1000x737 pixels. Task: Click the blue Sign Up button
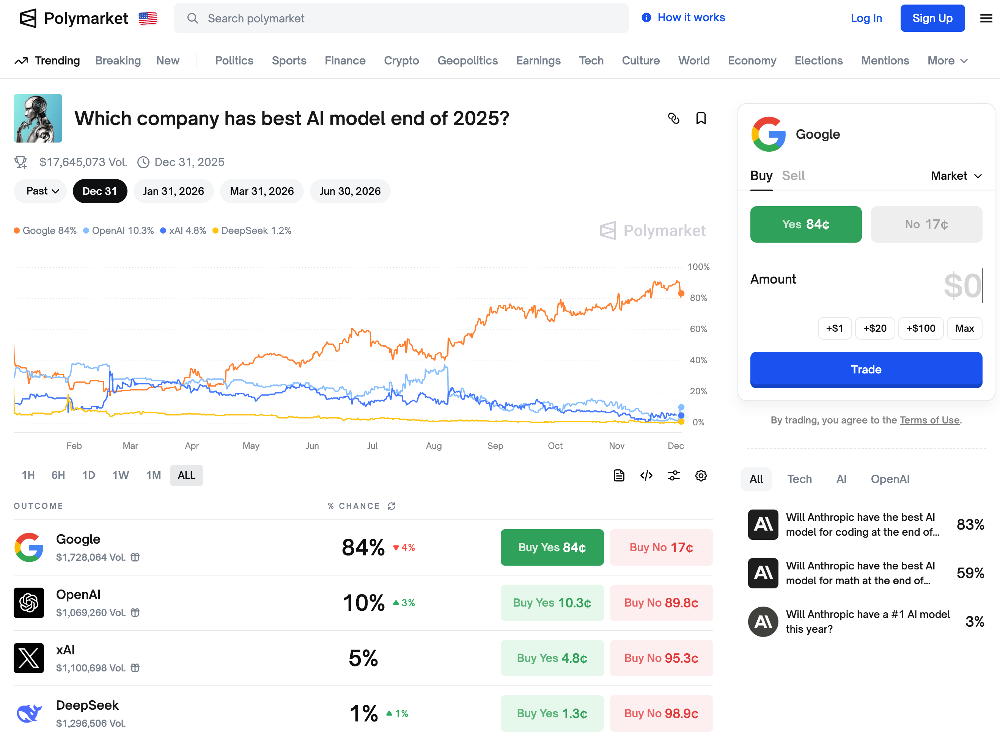coord(932,18)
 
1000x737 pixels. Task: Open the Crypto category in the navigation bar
coord(401,61)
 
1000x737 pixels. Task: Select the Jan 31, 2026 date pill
coord(173,191)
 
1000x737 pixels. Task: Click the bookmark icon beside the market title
coord(700,119)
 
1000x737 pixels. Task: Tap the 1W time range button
coord(121,475)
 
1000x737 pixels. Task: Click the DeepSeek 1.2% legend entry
coord(252,231)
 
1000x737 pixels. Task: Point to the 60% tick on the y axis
coord(698,329)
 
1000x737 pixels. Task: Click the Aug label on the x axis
coord(434,446)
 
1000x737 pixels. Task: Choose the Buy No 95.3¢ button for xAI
coord(661,658)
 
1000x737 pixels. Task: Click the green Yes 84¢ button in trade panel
coord(805,224)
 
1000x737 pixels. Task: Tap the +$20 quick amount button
coord(874,328)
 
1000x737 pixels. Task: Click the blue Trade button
coord(866,369)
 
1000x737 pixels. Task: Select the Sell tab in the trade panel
coord(793,176)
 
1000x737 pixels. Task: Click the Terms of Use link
coord(929,420)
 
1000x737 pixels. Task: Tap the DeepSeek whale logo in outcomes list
coord(29,713)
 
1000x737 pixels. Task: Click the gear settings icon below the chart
coord(700,475)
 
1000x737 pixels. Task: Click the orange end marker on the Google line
coord(681,293)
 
